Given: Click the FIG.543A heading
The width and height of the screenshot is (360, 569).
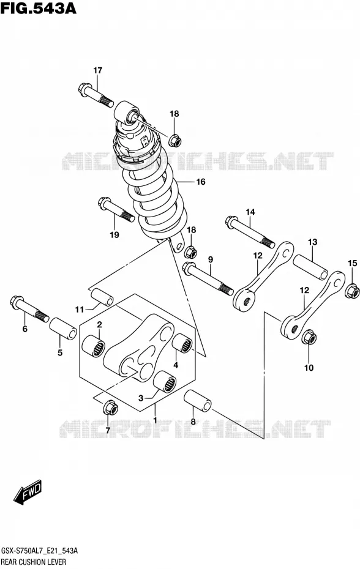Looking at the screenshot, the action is click(39, 8).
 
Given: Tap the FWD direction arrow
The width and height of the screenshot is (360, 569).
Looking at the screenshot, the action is click(28, 492).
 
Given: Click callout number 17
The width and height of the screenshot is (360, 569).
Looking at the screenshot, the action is click(98, 70).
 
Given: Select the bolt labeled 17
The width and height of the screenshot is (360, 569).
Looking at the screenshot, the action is click(96, 95).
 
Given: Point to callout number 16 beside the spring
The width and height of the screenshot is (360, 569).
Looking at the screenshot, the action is click(201, 182).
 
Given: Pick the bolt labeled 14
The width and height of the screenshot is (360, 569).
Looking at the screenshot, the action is click(250, 232).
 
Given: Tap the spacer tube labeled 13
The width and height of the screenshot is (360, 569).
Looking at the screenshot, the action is click(310, 267).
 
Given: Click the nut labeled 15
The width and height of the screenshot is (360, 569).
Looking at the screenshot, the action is click(352, 290).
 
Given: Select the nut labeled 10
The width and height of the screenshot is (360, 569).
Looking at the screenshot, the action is click(309, 337).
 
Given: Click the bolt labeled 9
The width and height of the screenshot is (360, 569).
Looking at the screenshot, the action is click(208, 278).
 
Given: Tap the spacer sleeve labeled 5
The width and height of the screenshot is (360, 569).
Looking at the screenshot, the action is click(63, 329).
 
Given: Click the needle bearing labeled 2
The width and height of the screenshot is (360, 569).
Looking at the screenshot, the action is click(93, 346).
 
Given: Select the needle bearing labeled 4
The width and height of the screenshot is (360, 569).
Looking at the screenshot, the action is click(182, 343).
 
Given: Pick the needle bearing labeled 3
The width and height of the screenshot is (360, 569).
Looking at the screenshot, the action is click(165, 382).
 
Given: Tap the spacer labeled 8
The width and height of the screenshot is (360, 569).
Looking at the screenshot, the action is click(198, 401).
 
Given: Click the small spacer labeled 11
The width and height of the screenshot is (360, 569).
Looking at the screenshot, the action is click(102, 297).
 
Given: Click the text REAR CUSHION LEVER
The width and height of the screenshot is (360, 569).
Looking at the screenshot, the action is click(34, 562).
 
